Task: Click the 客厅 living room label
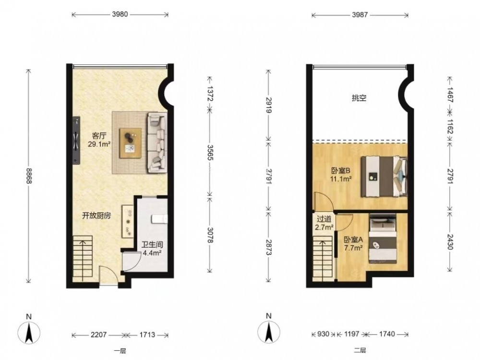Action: pyautogui.click(x=99, y=136)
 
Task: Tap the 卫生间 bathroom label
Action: pyautogui.click(x=152, y=245)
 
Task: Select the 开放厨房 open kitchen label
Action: pyautogui.click(x=96, y=216)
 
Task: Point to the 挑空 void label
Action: pyautogui.click(x=359, y=98)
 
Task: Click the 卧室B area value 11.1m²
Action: pyautogui.click(x=340, y=179)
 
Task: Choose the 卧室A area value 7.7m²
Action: pyautogui.click(x=354, y=248)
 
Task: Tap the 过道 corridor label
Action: pyautogui.click(x=324, y=219)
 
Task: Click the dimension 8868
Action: pyautogui.click(x=29, y=176)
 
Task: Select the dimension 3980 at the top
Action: pyautogui.click(x=120, y=14)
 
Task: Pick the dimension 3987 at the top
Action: pyautogui.click(x=360, y=14)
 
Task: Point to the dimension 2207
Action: pyautogui.click(x=99, y=335)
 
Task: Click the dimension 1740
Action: pyautogui.click(x=387, y=334)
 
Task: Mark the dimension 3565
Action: pyautogui.click(x=210, y=152)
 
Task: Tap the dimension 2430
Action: pyautogui.click(x=449, y=241)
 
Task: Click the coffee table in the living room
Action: pyautogui.click(x=131, y=143)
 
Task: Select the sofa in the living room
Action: pyautogui.click(x=157, y=143)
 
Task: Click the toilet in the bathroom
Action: pyautogui.click(x=159, y=218)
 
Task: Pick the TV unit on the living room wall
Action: pyautogui.click(x=76, y=140)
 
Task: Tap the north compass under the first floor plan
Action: pyautogui.click(x=29, y=332)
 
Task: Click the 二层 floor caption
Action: pyautogui.click(x=360, y=351)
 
